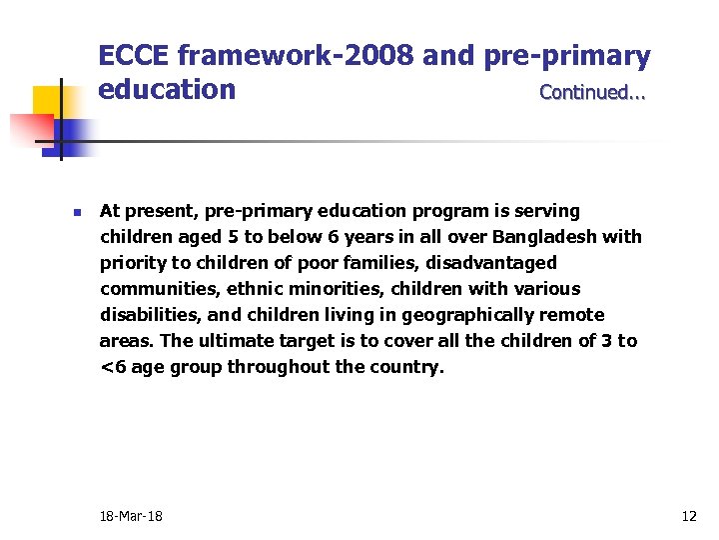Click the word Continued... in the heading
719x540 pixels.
click(592, 93)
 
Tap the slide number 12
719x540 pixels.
click(688, 516)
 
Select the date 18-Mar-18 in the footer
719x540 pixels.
click(131, 516)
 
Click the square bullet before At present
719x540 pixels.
click(76, 212)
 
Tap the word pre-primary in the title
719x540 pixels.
click(568, 56)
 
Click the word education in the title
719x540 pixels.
click(167, 90)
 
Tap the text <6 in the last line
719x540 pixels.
click(112, 367)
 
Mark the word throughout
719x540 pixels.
click(279, 367)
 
